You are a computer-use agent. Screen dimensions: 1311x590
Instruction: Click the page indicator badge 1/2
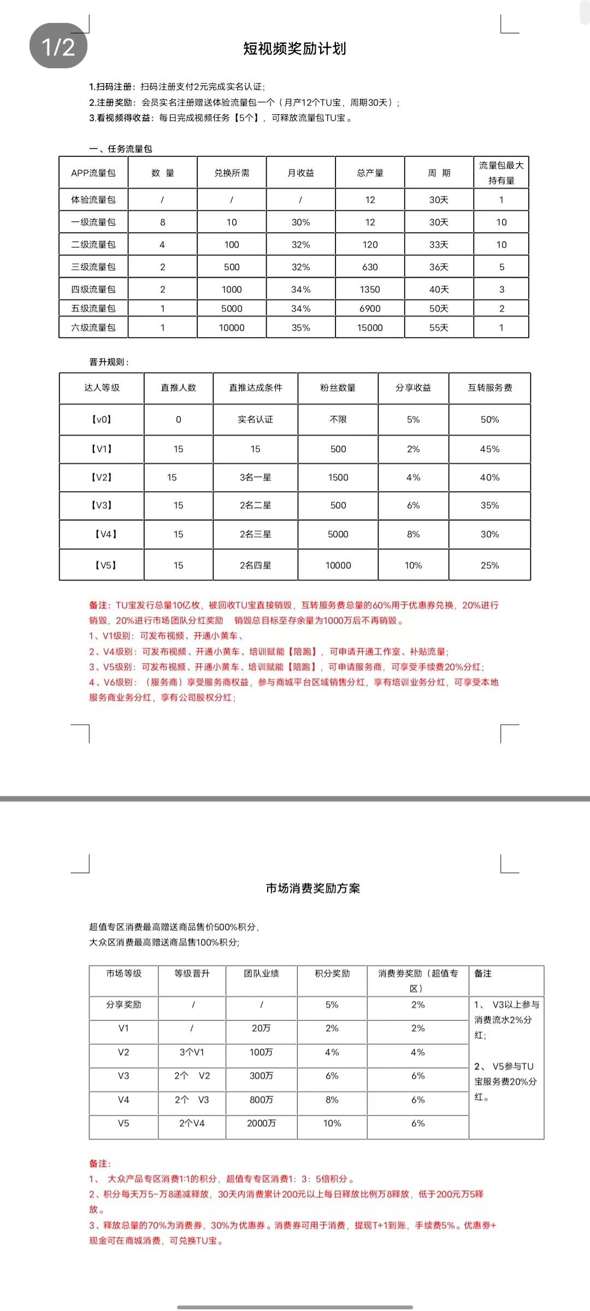tap(58, 46)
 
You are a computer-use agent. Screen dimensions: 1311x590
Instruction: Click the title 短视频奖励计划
tap(294, 49)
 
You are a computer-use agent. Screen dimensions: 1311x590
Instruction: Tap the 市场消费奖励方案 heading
tap(313, 888)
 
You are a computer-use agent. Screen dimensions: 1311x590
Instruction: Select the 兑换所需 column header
tap(232, 173)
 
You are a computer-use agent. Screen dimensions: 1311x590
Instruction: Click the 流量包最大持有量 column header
tap(501, 173)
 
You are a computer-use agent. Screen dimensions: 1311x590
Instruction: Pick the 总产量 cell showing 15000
tap(370, 328)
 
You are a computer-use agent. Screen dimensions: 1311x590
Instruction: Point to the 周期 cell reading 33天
tap(439, 245)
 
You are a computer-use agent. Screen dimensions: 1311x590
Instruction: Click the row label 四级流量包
tap(93, 290)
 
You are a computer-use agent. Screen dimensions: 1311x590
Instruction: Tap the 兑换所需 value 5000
tap(232, 309)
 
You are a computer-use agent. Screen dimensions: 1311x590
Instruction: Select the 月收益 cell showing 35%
tap(300, 328)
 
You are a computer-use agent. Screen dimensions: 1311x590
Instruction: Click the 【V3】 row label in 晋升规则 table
tap(102, 505)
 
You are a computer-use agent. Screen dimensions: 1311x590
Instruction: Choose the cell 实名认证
tap(255, 420)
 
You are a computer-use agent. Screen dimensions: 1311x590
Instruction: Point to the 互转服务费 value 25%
tap(489, 565)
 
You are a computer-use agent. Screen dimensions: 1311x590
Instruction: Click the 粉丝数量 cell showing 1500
tap(338, 477)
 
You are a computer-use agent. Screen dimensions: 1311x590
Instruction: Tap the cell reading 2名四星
tap(255, 565)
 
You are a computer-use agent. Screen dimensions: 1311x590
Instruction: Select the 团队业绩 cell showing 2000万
tap(261, 1124)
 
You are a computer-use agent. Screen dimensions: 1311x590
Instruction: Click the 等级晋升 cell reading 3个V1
tap(192, 1052)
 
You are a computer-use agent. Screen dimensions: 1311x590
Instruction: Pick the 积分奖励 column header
tap(332, 973)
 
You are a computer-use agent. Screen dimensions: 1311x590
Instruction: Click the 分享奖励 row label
tap(123, 1005)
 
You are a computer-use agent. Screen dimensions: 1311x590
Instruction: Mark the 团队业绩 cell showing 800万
tap(261, 1100)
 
